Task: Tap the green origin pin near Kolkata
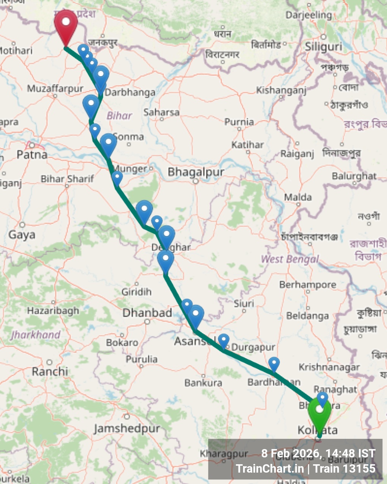click(x=319, y=412)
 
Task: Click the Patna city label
click(x=32, y=155)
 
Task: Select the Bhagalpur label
click(x=196, y=172)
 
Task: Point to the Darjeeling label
click(x=308, y=15)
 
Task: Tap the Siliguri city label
click(x=324, y=47)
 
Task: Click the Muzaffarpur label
click(x=55, y=89)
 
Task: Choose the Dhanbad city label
click(x=147, y=313)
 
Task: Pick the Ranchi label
click(x=50, y=371)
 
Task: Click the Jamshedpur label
click(x=127, y=429)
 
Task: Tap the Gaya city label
click(x=22, y=234)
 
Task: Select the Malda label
click(x=298, y=197)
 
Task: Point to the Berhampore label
click(x=308, y=285)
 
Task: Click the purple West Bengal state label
click(x=290, y=259)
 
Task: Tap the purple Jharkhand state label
click(x=36, y=335)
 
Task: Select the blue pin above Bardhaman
click(x=274, y=364)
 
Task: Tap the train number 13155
click(x=359, y=468)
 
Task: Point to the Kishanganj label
click(x=281, y=90)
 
